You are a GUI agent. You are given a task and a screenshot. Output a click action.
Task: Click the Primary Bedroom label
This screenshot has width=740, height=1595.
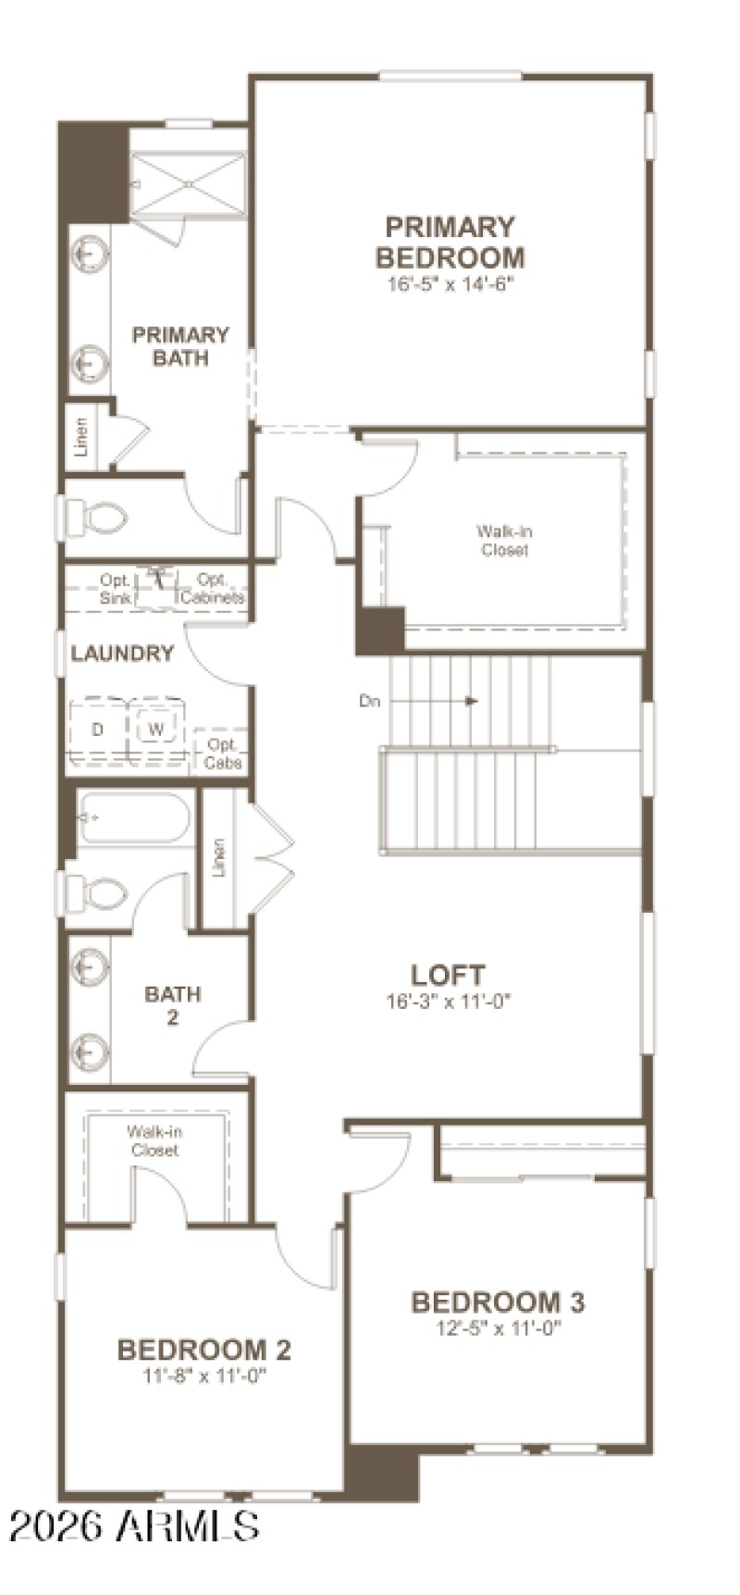point(450,242)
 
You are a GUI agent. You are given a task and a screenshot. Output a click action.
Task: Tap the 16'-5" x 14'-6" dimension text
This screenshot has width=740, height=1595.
point(450,284)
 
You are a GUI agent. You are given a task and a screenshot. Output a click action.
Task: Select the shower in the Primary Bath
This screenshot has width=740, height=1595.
point(189,185)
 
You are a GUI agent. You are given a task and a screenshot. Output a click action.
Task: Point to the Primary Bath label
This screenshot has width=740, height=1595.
point(180,346)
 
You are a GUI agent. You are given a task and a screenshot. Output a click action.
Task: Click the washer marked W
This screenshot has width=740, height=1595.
point(156,729)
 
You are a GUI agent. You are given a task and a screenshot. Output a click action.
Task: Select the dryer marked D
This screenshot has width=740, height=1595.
point(98,729)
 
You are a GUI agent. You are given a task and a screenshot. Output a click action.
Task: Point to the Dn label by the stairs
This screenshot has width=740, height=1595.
point(370,701)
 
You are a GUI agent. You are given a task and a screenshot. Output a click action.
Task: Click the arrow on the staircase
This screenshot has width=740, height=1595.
point(471,701)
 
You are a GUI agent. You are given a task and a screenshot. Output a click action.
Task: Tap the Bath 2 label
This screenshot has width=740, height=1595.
point(173,1005)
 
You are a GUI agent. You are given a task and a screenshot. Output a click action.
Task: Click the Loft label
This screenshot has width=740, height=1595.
point(448,975)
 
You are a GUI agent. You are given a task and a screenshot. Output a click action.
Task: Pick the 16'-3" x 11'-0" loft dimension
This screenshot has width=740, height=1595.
point(448,1001)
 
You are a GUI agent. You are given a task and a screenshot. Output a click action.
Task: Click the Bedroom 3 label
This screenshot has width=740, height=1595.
point(498,1302)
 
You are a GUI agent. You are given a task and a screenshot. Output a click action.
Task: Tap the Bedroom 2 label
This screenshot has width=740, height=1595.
point(204,1351)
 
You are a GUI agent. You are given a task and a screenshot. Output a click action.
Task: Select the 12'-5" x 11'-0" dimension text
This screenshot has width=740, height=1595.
point(499,1328)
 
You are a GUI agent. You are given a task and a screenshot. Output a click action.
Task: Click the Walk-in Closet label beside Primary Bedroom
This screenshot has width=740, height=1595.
point(504,541)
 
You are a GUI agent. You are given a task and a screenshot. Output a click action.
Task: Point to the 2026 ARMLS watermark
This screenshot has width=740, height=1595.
point(135,1526)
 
